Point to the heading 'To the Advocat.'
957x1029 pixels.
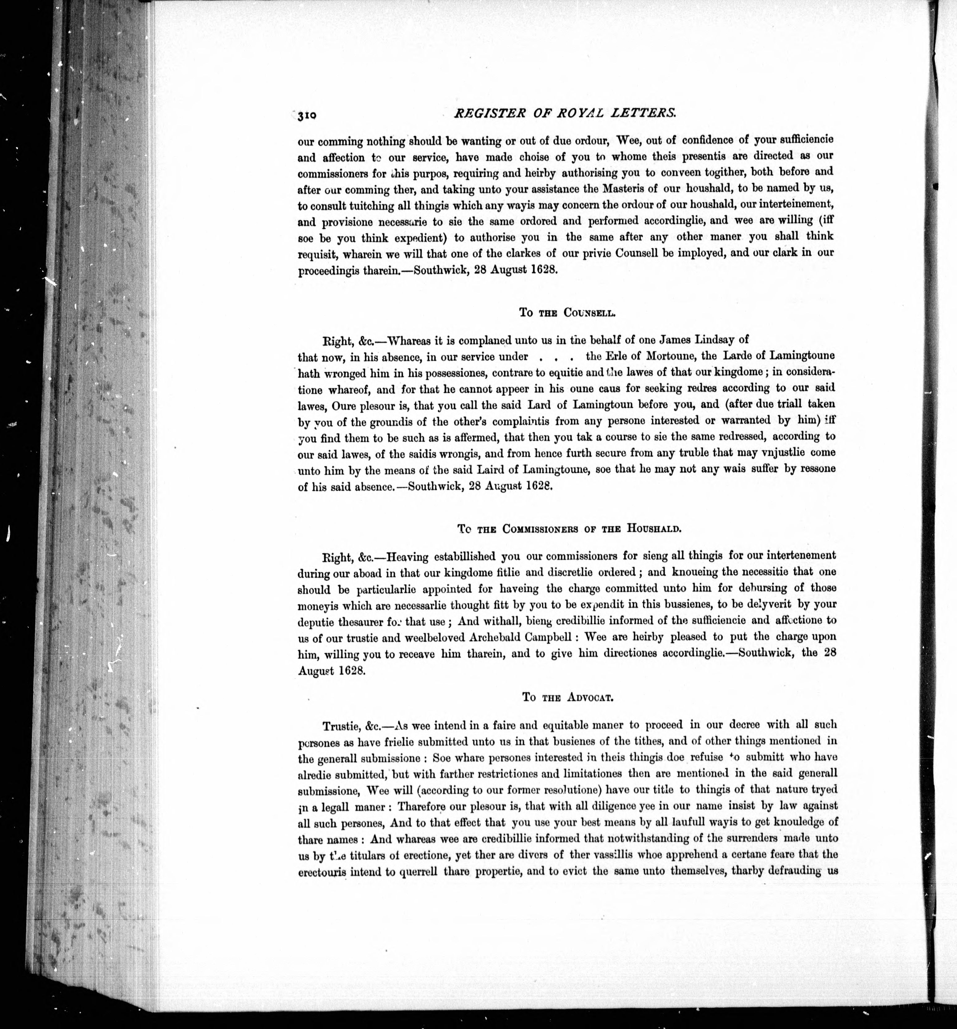567,697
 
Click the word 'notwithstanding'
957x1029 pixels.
632,838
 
